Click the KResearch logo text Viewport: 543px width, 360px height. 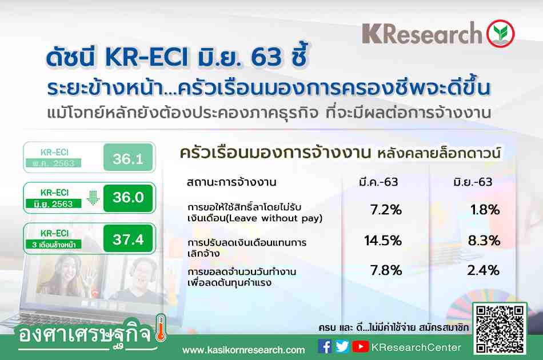422,33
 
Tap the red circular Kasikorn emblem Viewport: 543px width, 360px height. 500,34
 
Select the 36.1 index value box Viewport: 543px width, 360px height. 128,158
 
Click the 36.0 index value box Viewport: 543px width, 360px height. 128,198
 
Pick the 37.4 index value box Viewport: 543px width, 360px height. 128,238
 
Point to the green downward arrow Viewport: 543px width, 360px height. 93,197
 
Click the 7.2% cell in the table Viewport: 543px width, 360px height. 386,210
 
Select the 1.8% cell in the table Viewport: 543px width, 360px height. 485,210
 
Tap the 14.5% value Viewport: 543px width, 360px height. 382,241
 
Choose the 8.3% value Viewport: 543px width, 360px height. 484,241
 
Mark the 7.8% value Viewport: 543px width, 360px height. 386,270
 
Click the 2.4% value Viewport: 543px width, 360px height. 484,270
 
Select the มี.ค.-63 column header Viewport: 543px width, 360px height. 378,182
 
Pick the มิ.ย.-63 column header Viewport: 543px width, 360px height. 473,182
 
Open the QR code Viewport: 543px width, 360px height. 500,329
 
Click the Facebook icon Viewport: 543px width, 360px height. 325,346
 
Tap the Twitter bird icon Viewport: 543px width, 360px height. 342,346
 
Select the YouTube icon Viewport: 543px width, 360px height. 361,346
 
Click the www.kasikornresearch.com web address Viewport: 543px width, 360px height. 243,350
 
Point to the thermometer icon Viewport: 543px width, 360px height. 161,328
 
